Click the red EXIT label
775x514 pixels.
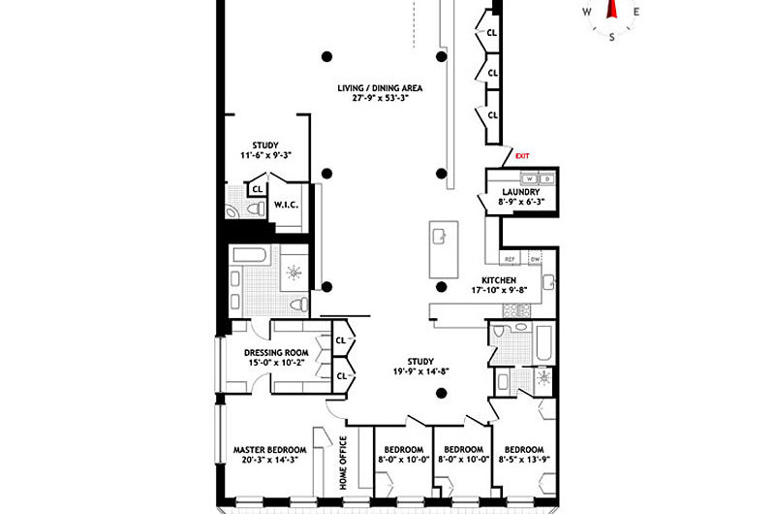[x=523, y=155]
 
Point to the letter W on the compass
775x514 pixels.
[x=587, y=13]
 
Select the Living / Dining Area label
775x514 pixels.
[x=380, y=88]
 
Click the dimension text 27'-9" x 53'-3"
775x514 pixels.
[x=380, y=99]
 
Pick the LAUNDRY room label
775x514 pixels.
[x=520, y=192]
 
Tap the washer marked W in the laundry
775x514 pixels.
[x=529, y=179]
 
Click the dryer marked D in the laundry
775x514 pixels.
[x=547, y=179]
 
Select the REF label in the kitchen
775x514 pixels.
[x=510, y=260]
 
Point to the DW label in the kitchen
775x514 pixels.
[x=535, y=260]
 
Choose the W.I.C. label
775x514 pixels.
[x=285, y=205]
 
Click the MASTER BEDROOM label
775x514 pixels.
[x=270, y=450]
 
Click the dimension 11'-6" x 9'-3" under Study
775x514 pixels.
[x=265, y=156]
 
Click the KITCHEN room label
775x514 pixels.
[x=512, y=280]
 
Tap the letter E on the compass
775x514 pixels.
[x=636, y=13]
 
